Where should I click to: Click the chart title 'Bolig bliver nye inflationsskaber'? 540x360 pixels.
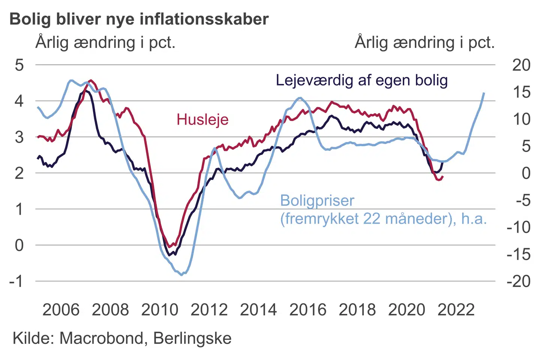point(139,19)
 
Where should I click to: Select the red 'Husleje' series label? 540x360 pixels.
point(202,120)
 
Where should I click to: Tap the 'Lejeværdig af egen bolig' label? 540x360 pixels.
point(362,80)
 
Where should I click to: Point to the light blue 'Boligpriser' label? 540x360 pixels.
point(317,201)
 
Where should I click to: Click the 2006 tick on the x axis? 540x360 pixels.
point(61,310)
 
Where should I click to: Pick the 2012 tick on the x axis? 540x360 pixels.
point(209,310)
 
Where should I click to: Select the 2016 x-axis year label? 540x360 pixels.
point(308,310)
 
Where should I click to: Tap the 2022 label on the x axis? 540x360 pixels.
point(456,310)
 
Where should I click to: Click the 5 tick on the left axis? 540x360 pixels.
point(19,65)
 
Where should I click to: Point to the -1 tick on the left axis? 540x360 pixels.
point(16,281)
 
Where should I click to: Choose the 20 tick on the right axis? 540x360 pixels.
point(521,65)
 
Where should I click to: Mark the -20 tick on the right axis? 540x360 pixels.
point(519,281)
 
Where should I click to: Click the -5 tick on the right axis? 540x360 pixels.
point(523,200)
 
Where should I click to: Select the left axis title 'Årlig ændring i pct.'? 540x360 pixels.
point(105,42)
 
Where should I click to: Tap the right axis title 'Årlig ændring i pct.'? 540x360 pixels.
point(424,42)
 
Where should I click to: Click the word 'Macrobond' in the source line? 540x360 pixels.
point(101,338)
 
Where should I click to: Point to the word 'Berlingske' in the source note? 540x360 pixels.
point(192,338)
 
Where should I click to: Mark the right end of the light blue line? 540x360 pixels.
point(484,93)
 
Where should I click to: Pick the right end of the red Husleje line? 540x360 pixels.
point(443,177)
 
